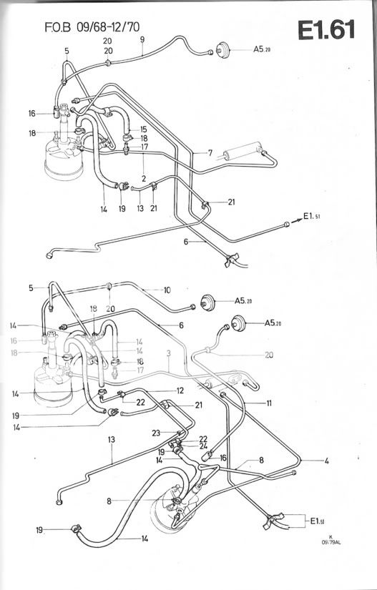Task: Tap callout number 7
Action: click(x=210, y=153)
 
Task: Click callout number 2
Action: click(x=144, y=177)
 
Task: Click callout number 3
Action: click(x=167, y=353)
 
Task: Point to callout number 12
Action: click(x=181, y=390)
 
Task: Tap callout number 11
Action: click(x=269, y=403)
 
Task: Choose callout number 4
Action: click(x=326, y=461)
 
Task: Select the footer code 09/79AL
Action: click(x=330, y=541)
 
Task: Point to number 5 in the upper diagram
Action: click(x=67, y=51)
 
